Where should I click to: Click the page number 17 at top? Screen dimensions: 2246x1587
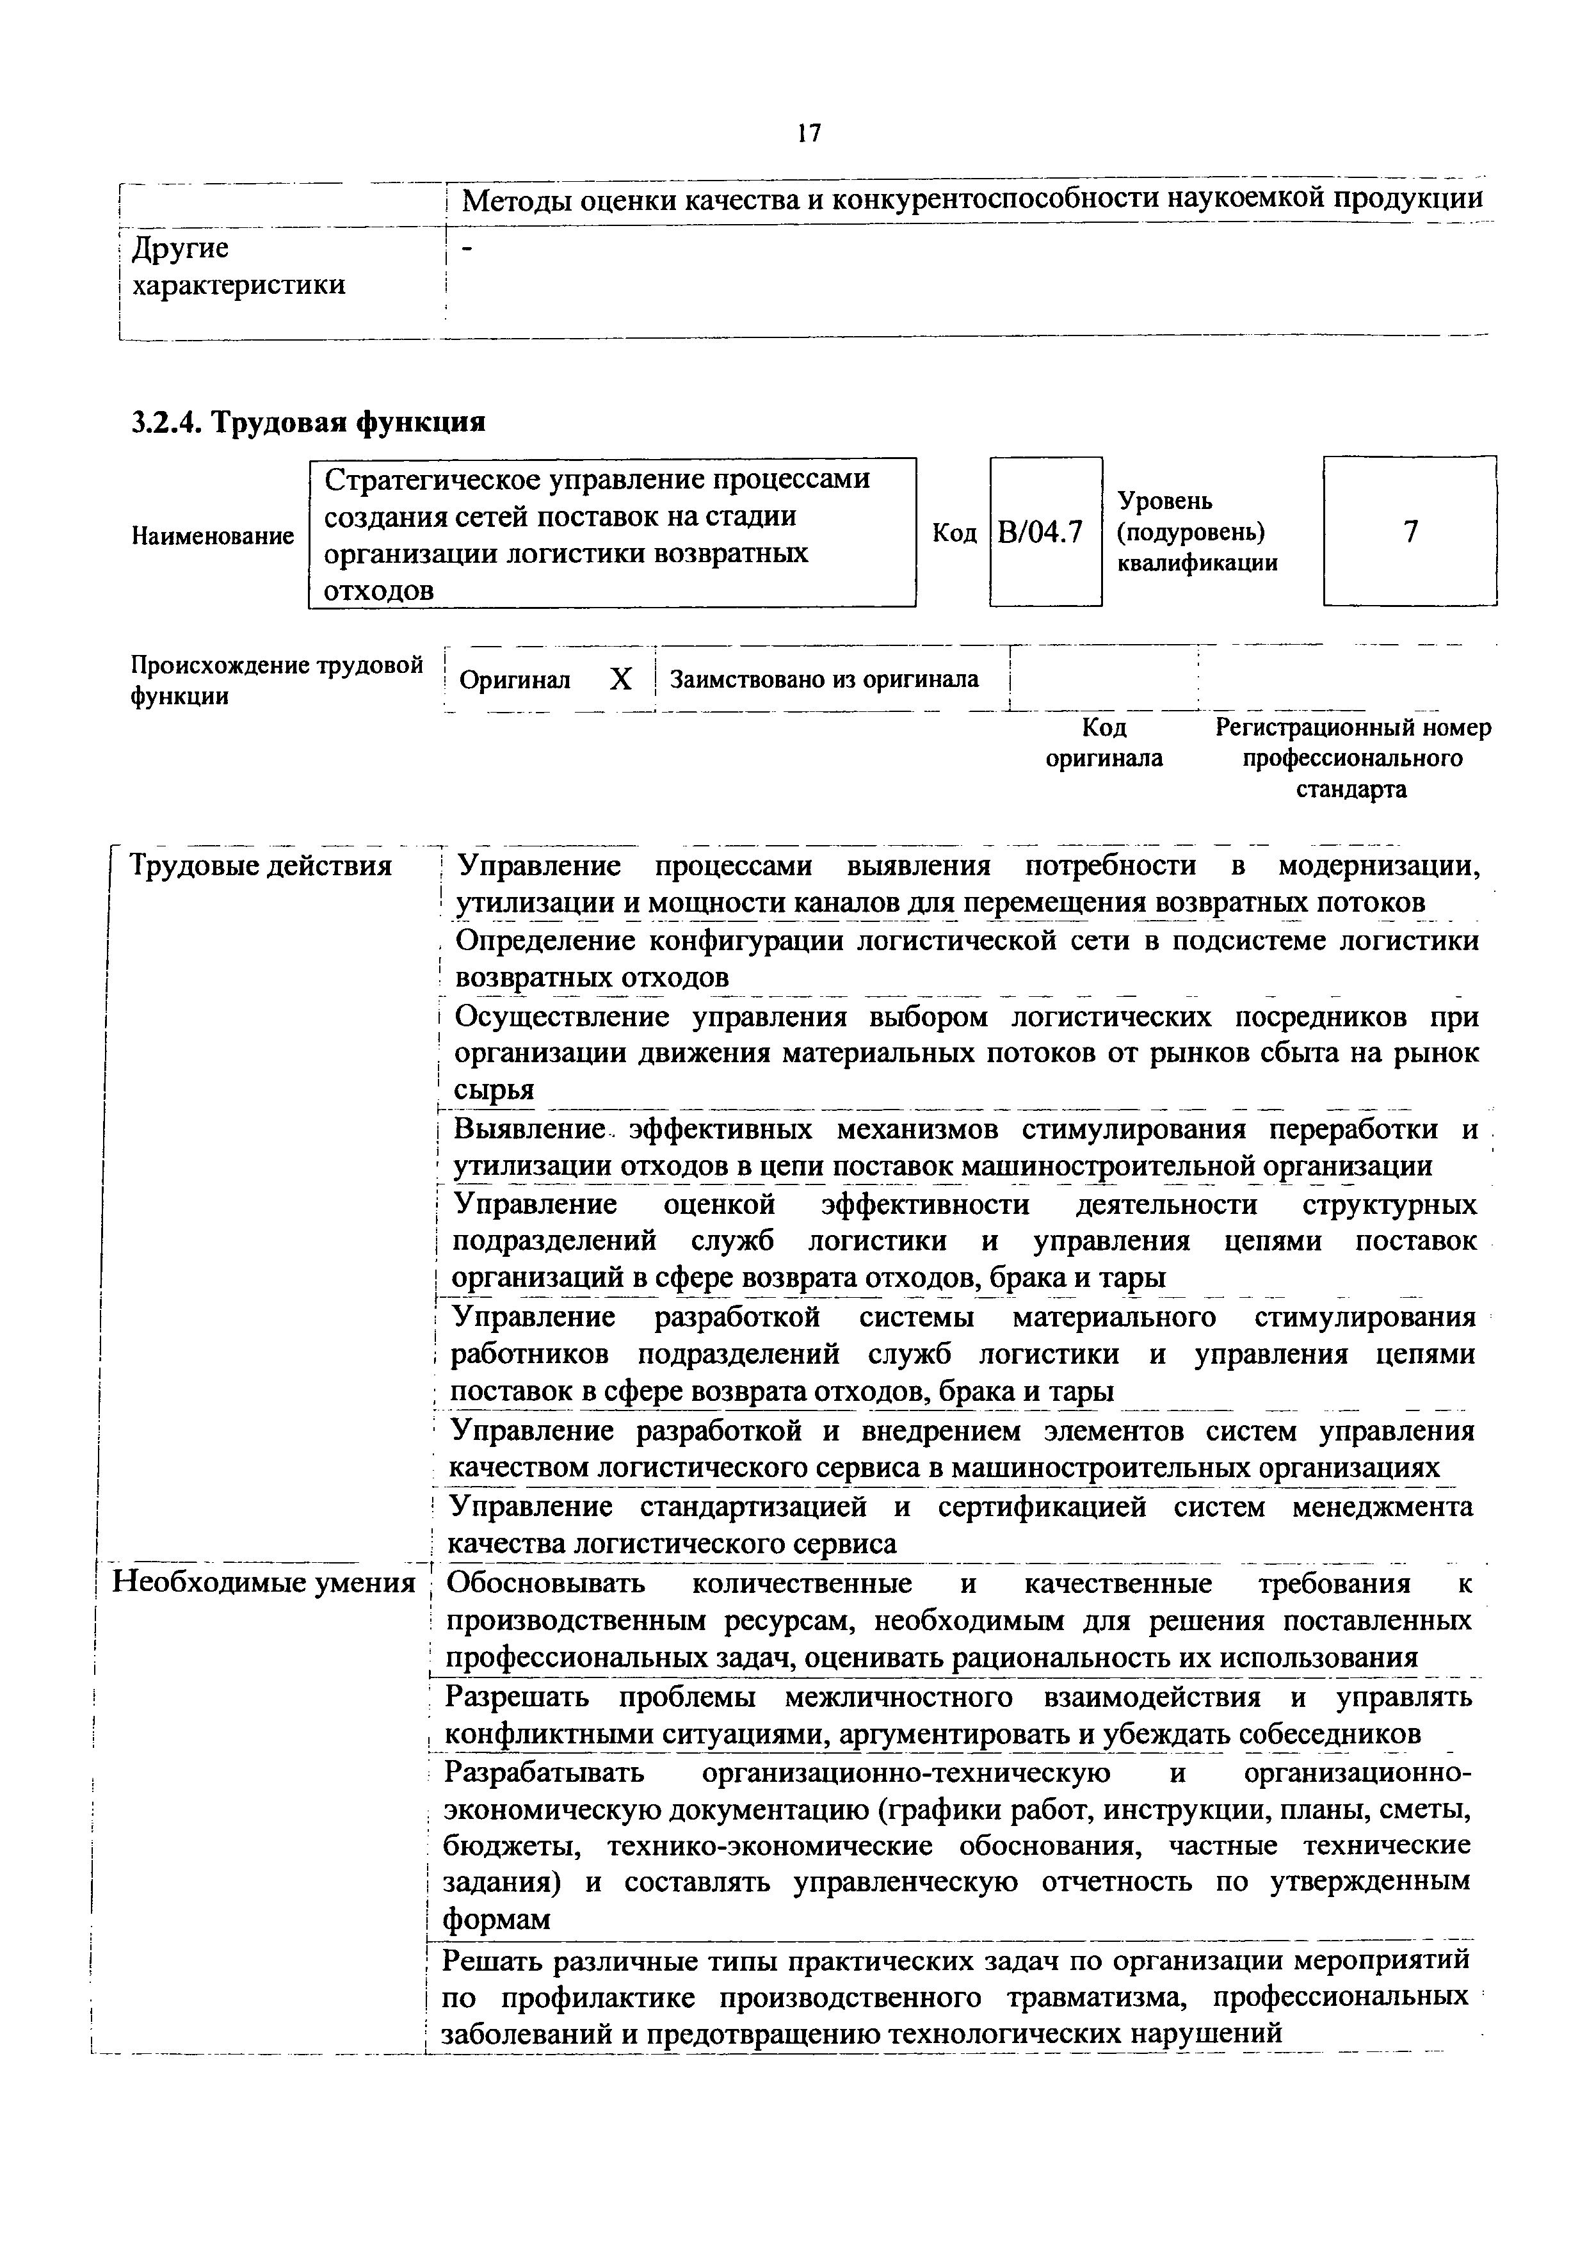click(x=808, y=134)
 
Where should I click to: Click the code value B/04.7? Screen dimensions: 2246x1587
click(x=1045, y=532)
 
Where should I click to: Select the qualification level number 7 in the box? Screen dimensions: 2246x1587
click(x=1410, y=532)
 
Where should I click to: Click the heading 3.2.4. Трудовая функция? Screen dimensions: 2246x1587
click(x=309, y=422)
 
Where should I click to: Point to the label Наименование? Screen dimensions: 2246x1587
click(x=212, y=536)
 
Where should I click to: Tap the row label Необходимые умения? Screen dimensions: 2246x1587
click(x=264, y=1583)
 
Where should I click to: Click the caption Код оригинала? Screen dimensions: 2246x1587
click(x=1104, y=743)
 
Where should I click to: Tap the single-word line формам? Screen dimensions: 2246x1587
click(x=497, y=1920)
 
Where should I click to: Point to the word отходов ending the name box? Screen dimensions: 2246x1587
click(x=378, y=591)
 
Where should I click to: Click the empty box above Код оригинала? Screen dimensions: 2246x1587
click(x=1103, y=679)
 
